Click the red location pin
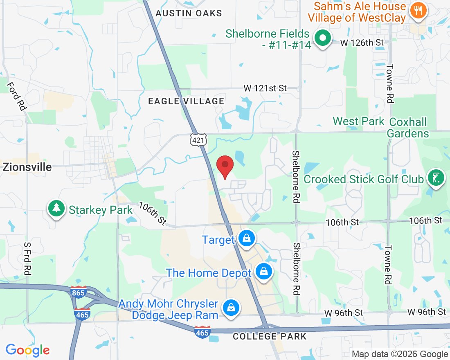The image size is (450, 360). [225, 166]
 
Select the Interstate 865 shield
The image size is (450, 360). [79, 293]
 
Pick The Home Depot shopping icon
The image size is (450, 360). [264, 272]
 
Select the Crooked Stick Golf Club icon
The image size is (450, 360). [436, 178]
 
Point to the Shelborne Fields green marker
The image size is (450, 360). [323, 38]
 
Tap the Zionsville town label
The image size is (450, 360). [27, 167]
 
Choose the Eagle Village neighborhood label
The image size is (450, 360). [186, 101]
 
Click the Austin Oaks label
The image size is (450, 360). [189, 13]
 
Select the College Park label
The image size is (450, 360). [270, 336]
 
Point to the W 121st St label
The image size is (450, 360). [265, 88]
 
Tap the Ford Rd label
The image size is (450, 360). [16, 96]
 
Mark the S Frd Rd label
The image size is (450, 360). [27, 259]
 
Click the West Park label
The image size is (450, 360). [359, 121]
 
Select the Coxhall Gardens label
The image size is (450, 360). [408, 128]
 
